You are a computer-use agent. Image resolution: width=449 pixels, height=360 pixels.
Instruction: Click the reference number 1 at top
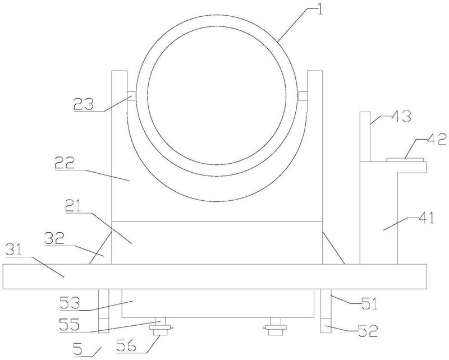click(319, 8)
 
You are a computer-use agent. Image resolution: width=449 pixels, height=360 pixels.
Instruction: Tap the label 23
click(84, 104)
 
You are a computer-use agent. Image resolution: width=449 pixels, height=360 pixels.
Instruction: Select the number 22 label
click(65, 163)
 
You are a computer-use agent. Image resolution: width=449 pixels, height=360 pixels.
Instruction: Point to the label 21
click(74, 206)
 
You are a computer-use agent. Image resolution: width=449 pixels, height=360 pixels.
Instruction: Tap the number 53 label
click(70, 303)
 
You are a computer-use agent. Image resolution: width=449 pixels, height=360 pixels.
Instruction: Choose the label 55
click(69, 325)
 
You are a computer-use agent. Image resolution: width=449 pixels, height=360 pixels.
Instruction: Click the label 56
click(127, 346)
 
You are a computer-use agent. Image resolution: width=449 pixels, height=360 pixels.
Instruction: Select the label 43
click(401, 116)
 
